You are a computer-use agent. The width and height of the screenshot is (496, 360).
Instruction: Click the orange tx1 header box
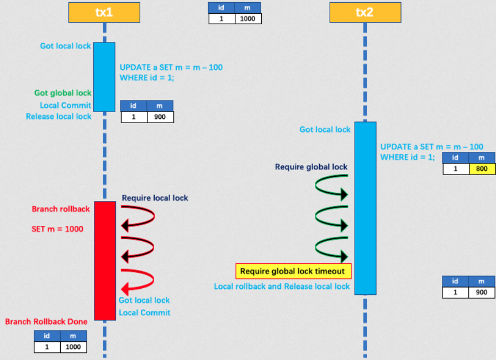104,12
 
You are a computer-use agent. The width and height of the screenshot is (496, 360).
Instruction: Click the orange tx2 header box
365,12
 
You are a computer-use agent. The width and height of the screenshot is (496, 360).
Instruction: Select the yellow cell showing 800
482,168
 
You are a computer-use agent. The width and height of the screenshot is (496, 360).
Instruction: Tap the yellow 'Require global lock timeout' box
293,271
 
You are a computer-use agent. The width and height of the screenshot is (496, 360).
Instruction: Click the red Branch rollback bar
105,260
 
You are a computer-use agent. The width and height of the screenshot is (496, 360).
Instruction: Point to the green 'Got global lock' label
63,93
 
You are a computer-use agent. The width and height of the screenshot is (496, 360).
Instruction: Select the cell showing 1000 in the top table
248,18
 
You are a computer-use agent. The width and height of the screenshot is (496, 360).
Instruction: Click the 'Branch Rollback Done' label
46,321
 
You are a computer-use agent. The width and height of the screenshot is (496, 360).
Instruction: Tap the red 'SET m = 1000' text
57,228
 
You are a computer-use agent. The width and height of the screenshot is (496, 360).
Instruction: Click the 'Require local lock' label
155,198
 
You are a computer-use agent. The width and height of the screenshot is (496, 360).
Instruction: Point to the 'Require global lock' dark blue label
311,167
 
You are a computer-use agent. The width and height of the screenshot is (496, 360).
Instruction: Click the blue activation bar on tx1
104,77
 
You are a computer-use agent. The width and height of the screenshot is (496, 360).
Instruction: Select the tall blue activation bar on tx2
365,208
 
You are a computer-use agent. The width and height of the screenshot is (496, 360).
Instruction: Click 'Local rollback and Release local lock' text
282,286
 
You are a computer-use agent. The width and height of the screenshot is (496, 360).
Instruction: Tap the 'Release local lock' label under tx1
59,117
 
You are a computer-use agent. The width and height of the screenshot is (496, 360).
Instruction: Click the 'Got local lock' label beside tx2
325,130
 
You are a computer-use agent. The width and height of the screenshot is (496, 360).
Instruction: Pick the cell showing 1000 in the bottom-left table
73,347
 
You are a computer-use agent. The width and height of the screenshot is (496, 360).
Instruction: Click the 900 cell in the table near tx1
160,117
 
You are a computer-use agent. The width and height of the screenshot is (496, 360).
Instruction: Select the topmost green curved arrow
331,186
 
